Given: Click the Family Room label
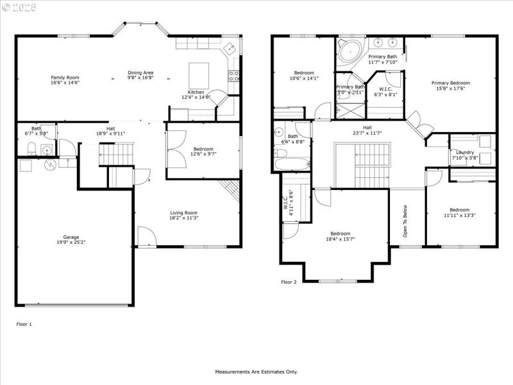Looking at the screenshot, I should (65, 77).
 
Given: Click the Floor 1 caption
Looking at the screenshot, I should (24, 325).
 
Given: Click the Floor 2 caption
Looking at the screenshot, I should (289, 282).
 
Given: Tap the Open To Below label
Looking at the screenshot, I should (405, 221).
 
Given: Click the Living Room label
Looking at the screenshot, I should (183, 213).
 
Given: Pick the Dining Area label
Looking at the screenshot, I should (140, 73).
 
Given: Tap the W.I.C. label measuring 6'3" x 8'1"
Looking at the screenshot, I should (385, 89).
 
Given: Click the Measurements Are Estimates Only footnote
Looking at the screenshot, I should (256, 372).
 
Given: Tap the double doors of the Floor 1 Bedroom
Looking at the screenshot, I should (176, 142).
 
